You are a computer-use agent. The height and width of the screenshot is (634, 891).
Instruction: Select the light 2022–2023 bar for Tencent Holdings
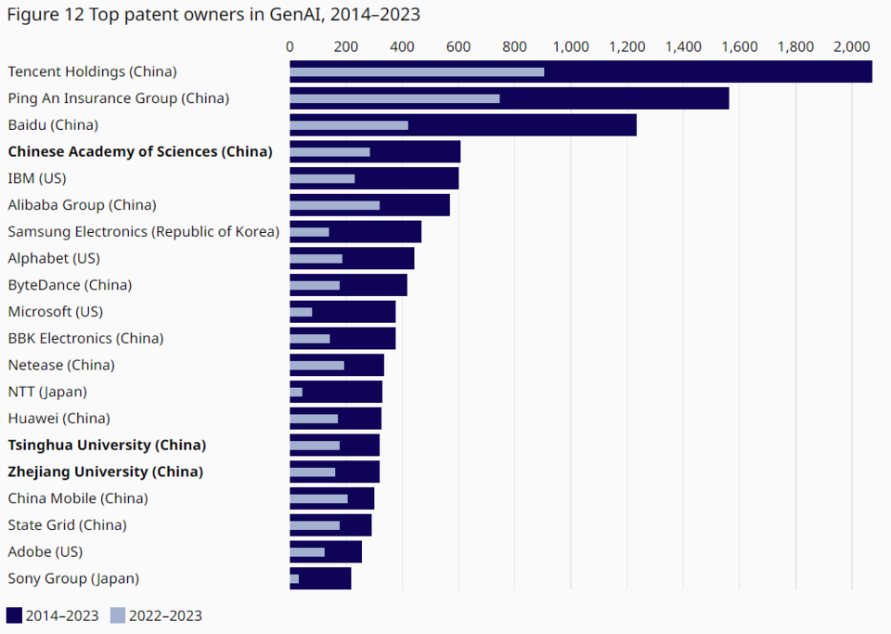pos(417,71)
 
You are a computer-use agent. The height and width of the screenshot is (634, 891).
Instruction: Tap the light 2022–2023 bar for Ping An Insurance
pos(394,98)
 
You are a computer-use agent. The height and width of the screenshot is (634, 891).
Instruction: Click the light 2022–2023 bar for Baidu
pos(349,125)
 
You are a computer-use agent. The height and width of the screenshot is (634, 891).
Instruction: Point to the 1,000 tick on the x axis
pos(571,47)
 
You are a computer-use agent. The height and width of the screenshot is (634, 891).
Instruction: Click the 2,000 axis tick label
pos(852,47)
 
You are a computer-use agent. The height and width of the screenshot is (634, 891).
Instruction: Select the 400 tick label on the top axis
pos(402,47)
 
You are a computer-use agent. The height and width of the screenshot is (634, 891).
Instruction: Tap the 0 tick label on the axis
pos(290,47)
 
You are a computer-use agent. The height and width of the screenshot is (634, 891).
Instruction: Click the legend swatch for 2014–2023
pos(14,615)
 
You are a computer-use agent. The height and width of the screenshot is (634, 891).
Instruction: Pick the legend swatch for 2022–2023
pos(117,615)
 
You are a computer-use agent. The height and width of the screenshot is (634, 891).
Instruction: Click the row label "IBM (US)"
pos(37,178)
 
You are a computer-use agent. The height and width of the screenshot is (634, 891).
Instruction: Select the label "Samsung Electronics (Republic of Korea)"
pos(144,231)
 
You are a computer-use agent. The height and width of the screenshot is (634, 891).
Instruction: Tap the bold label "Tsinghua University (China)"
pos(107,445)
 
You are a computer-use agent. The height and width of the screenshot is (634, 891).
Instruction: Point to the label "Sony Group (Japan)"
pos(73,578)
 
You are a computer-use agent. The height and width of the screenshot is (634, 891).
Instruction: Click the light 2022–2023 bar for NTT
pos(296,393)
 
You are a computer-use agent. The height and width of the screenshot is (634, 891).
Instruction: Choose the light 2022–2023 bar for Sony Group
pos(294,579)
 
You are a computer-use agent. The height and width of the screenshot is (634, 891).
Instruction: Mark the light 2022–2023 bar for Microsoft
pos(301,312)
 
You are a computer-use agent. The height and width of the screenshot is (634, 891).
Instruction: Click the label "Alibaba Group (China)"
pos(82,205)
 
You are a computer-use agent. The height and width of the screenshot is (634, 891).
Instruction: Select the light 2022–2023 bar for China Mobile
pos(318,499)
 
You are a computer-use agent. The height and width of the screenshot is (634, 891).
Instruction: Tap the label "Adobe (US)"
pos(45,551)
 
